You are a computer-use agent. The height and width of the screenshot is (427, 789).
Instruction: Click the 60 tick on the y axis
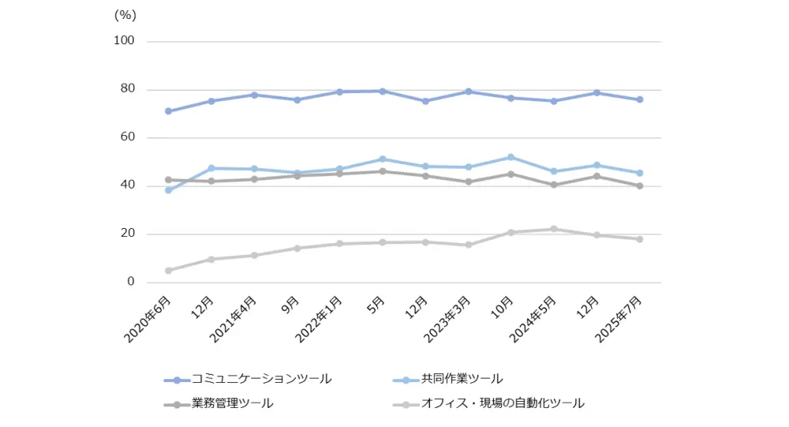click(129, 137)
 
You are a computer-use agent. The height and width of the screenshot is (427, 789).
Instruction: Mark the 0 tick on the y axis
click(132, 282)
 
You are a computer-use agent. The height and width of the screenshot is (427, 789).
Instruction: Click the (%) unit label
click(125, 14)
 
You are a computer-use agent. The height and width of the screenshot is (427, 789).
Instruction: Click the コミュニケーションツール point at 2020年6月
click(168, 111)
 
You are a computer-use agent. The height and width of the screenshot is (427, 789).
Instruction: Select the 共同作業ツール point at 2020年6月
click(168, 190)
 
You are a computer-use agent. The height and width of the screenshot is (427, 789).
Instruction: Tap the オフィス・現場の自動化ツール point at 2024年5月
click(554, 229)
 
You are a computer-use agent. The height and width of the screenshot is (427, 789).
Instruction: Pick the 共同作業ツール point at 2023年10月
click(510, 157)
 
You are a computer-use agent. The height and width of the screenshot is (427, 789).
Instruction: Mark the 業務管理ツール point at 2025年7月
click(639, 186)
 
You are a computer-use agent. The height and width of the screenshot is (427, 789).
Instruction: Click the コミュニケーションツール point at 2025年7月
click(639, 99)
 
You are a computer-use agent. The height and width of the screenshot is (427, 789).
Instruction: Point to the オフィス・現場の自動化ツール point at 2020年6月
click(168, 271)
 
